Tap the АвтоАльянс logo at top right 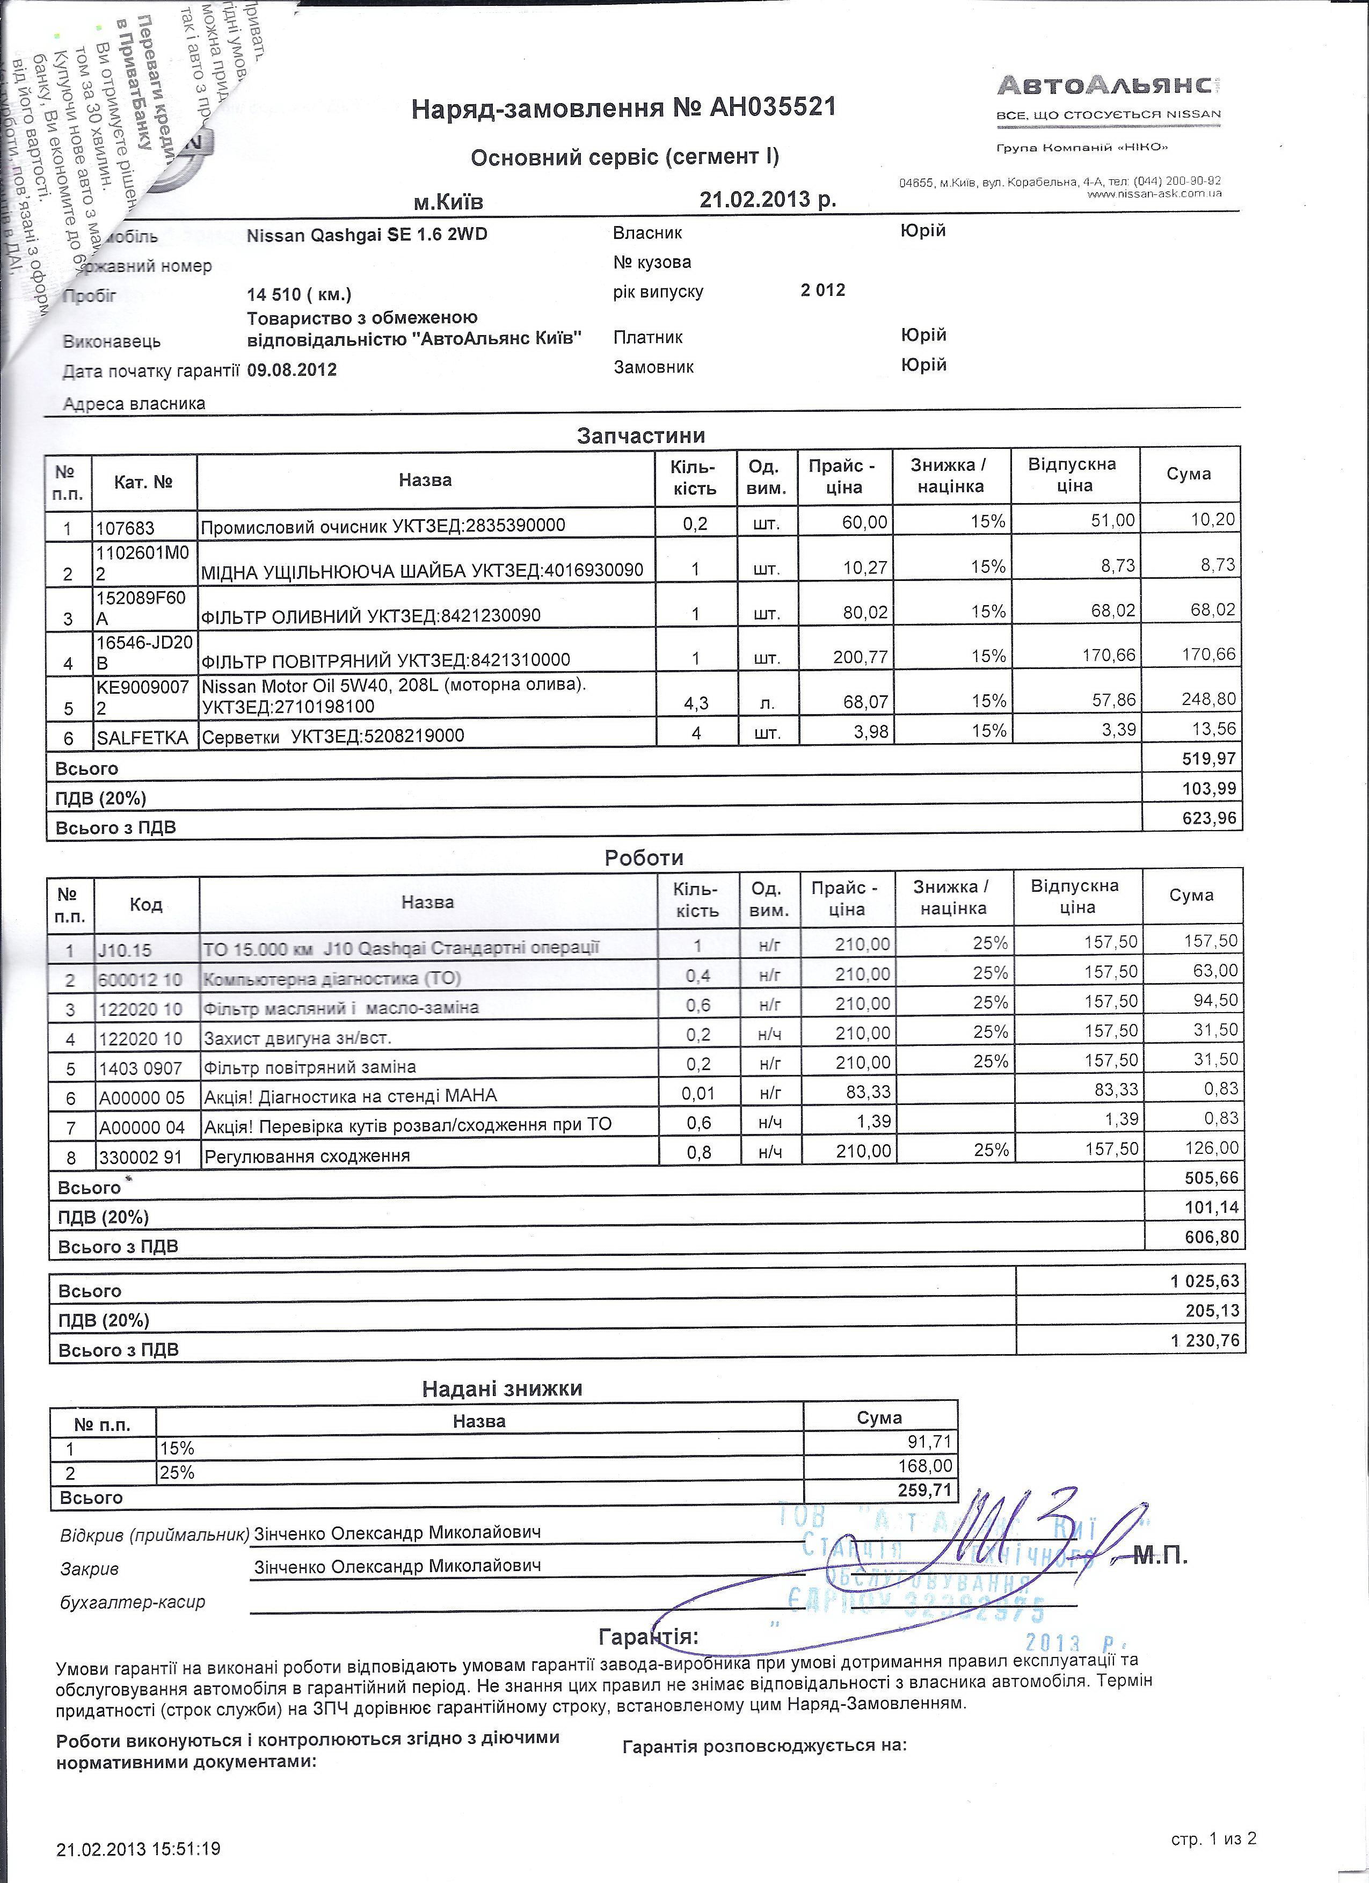(1108, 85)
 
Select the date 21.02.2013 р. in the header (768, 199)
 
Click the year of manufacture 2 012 (822, 290)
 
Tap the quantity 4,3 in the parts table (696, 703)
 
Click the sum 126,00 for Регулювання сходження (1215, 1148)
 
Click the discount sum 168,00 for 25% (925, 1466)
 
